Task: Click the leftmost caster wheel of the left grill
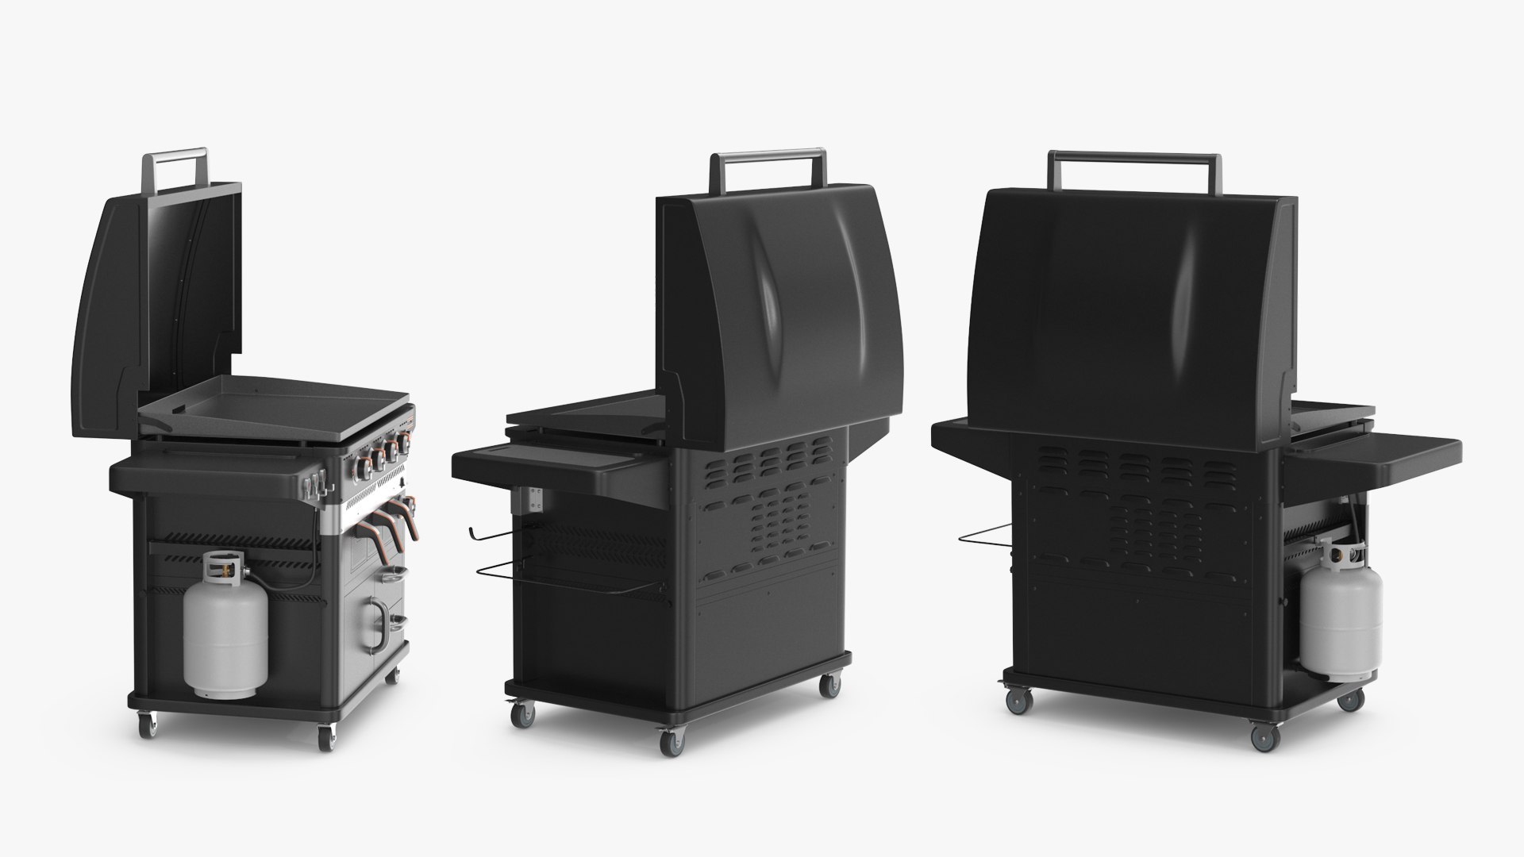pos(148,724)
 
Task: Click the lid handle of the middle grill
pos(768,156)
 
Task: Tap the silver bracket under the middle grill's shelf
pos(533,502)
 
